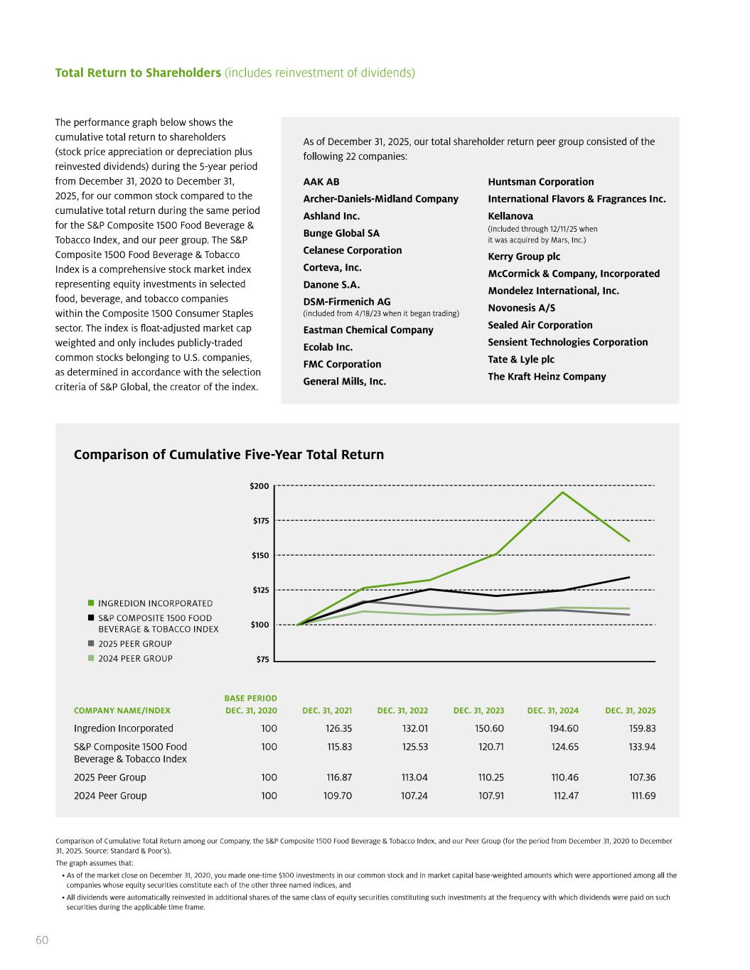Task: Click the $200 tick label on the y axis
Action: (259, 486)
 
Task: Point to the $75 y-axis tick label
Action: (261, 659)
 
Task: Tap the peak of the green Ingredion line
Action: (563, 492)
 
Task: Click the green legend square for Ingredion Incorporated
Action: (91, 603)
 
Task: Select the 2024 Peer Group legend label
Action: (135, 659)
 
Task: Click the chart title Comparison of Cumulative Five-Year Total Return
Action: (228, 455)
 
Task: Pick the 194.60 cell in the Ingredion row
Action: (565, 728)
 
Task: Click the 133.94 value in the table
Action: (643, 747)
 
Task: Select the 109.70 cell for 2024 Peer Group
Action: (338, 796)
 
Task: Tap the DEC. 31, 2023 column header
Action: (478, 711)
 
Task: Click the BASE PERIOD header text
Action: (250, 699)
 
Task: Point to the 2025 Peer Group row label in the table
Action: (109, 777)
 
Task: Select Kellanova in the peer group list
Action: (510, 216)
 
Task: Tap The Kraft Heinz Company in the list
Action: (546, 377)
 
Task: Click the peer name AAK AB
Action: (321, 182)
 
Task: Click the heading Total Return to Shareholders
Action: (138, 73)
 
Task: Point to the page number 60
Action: (42, 940)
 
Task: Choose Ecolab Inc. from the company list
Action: (328, 347)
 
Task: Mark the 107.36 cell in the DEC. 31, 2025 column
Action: (643, 777)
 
